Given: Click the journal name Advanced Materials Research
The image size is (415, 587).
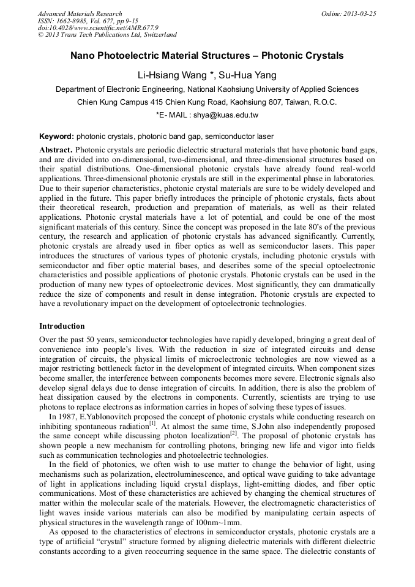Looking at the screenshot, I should [x=80, y=13].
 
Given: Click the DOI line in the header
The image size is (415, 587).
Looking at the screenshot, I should [x=98, y=28].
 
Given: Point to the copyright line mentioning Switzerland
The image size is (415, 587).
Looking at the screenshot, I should [x=107, y=35].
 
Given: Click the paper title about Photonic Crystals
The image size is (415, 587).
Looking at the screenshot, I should [x=207, y=56].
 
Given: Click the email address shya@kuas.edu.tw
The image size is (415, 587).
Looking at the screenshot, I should [x=225, y=115].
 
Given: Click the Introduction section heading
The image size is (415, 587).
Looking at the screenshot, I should [x=62, y=326].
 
